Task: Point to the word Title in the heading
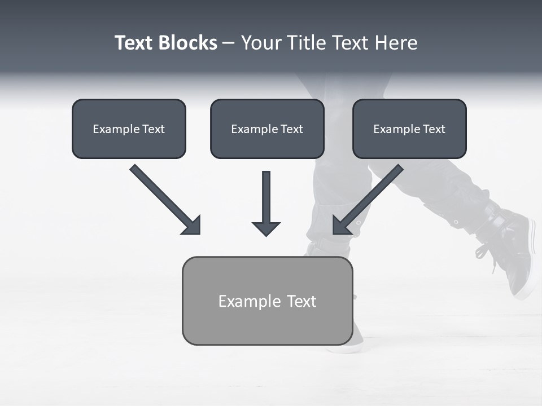click(308, 43)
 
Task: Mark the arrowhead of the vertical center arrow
click(266, 228)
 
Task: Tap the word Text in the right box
click(434, 129)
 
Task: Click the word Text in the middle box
click(291, 129)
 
